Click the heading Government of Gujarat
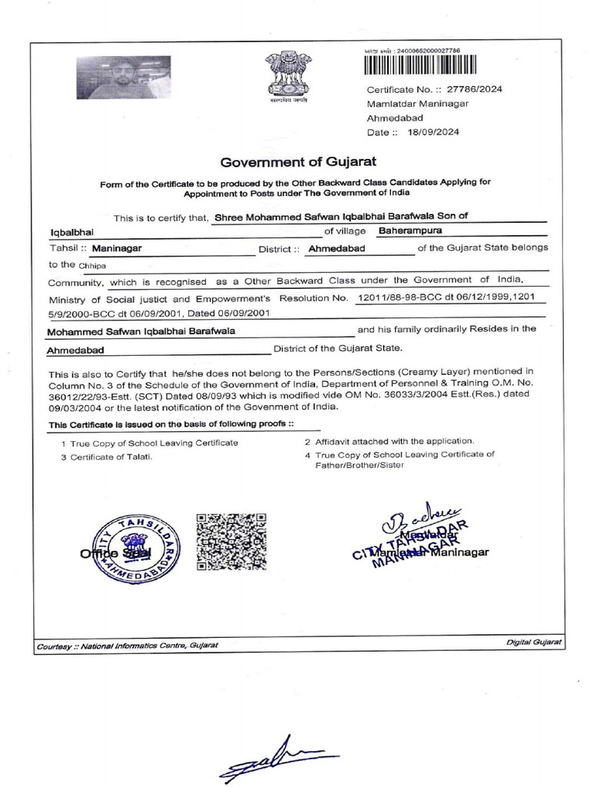[299, 162]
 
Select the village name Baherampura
[410, 230]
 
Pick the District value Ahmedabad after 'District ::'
[336, 248]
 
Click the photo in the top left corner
[123, 78]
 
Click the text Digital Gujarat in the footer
[535, 641]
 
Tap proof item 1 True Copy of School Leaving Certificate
[150, 443]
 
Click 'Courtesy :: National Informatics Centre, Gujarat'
[128, 645]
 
